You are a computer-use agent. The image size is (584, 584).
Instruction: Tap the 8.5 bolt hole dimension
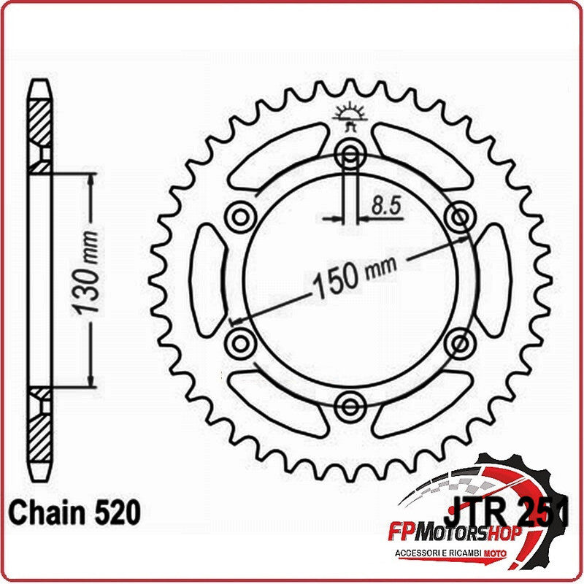pos(386,206)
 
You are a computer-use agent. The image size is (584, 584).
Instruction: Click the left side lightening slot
pos(208,279)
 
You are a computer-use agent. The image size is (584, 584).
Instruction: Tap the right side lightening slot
pos(493,279)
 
